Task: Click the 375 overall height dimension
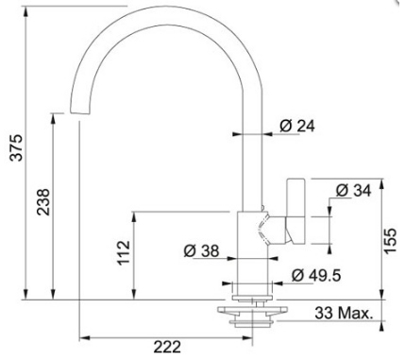click(16, 147)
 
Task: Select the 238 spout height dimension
click(43, 202)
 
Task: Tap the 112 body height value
click(124, 252)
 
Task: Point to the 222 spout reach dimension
click(167, 347)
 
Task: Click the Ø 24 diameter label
click(297, 126)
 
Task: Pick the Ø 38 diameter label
click(201, 251)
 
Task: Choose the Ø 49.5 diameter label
click(316, 276)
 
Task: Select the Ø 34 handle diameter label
click(353, 191)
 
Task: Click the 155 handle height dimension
click(390, 241)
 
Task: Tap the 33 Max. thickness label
click(344, 313)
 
